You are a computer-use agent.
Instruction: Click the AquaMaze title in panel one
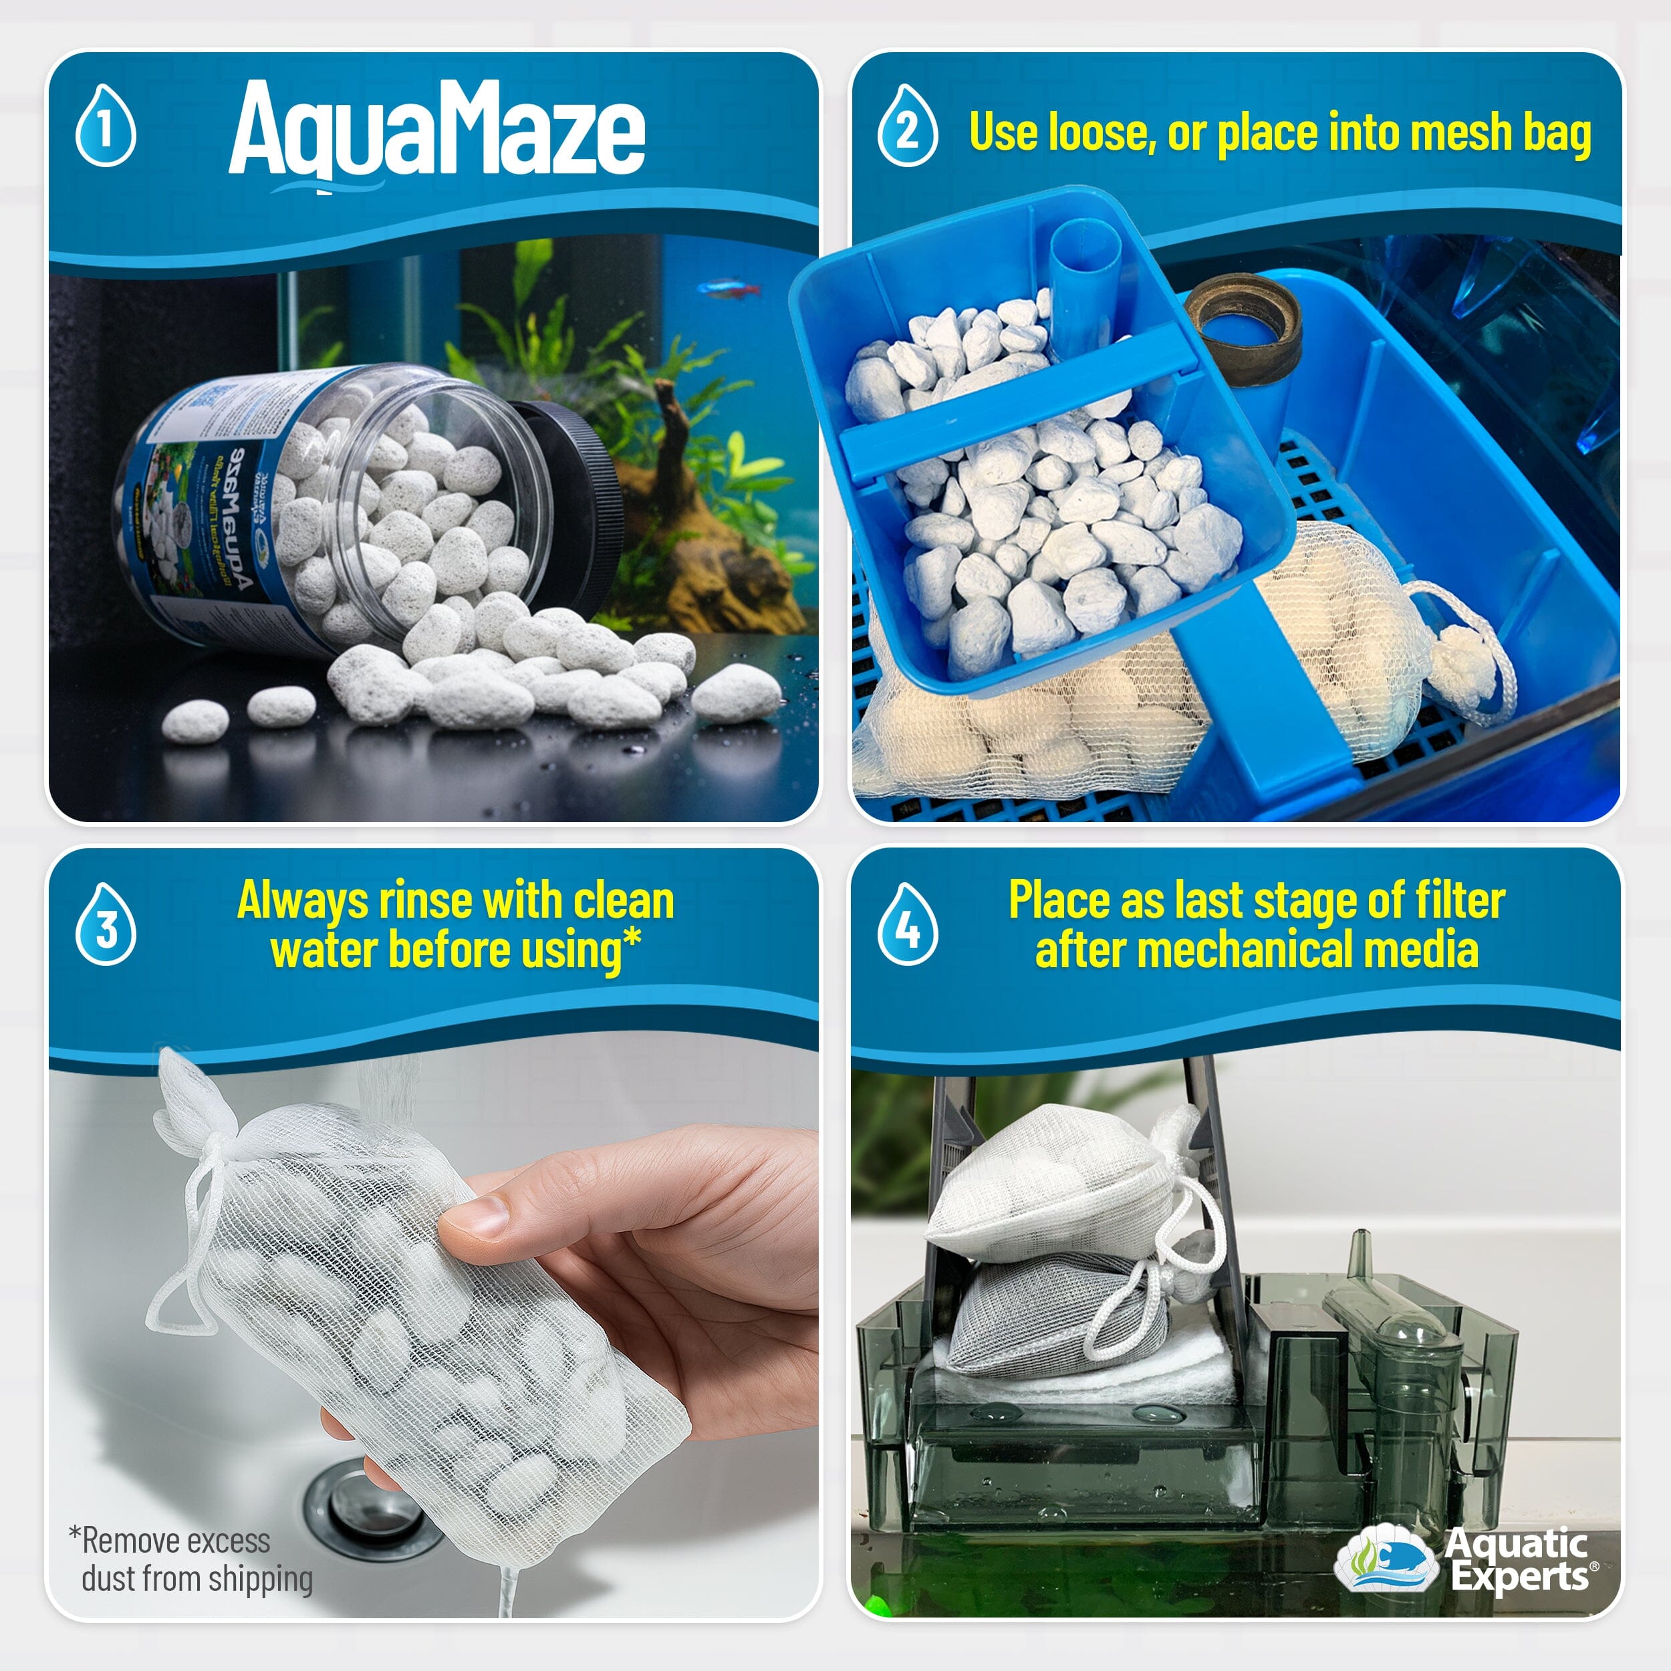pyautogui.click(x=436, y=130)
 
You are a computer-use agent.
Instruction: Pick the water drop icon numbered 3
pyautogui.click(x=106, y=926)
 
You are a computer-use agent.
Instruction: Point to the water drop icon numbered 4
pyautogui.click(x=907, y=926)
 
